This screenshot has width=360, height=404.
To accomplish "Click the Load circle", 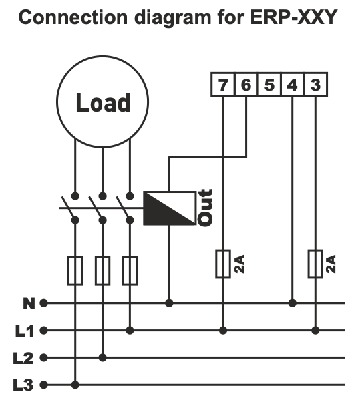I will (102, 103).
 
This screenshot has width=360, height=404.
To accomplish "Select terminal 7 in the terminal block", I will (222, 85).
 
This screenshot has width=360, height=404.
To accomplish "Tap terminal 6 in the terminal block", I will (246, 85).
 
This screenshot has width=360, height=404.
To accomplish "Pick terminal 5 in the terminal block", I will (269, 85).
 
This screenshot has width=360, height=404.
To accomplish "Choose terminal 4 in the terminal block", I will (293, 85).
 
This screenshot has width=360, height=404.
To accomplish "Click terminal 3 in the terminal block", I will (315, 85).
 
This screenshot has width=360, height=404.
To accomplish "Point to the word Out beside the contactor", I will (206, 208).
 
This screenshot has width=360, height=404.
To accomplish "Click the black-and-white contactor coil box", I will (168, 208).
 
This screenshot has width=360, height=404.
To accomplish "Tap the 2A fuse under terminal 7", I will (223, 264).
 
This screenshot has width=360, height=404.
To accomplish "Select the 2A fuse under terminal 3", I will (315, 264).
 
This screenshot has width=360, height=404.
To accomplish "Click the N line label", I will (28, 303).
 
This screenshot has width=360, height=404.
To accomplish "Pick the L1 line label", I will (24, 330).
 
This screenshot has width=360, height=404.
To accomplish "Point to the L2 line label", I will (24, 357).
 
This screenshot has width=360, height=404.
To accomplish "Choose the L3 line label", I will (24, 385).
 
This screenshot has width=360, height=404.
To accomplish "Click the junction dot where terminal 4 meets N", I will (293, 302).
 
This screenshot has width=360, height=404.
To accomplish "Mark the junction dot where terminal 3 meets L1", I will (315, 330).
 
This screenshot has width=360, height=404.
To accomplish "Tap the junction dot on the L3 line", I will (75, 385).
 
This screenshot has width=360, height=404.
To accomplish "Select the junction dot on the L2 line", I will (102, 357).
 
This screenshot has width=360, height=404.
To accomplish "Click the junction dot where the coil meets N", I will (169, 302).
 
